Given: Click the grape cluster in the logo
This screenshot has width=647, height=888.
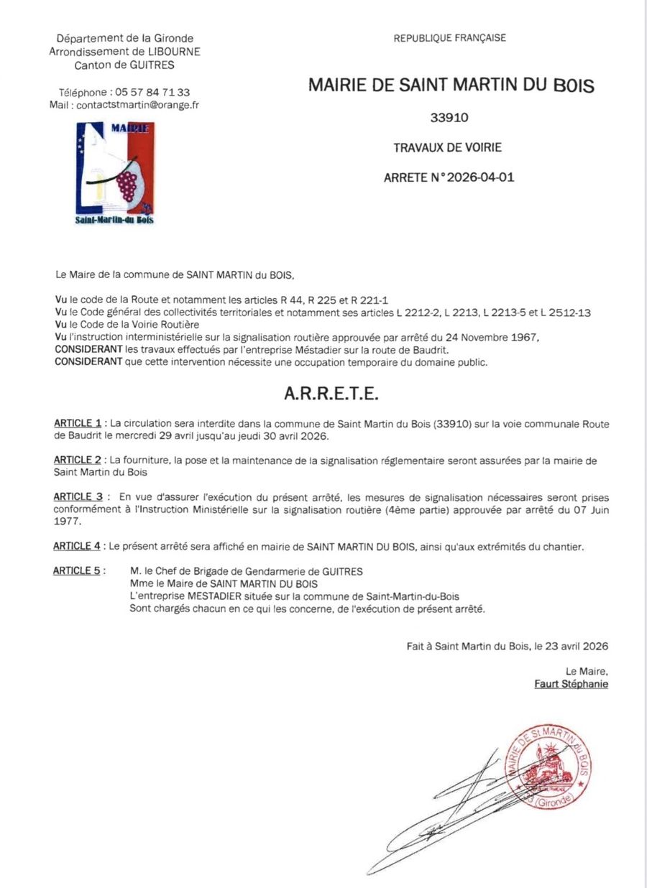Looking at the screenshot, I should [127, 184].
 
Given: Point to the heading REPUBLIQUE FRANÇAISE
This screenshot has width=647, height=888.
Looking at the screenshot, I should [449, 38].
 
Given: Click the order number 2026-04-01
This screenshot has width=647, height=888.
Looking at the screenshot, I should [480, 177].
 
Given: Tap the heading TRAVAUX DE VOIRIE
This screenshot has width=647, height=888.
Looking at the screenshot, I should [447, 148].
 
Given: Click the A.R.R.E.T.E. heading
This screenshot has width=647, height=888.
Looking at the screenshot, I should [331, 394].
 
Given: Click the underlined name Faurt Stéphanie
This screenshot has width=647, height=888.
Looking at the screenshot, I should [571, 684].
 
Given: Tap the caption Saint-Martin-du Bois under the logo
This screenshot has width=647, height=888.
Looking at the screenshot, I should [114, 220].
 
